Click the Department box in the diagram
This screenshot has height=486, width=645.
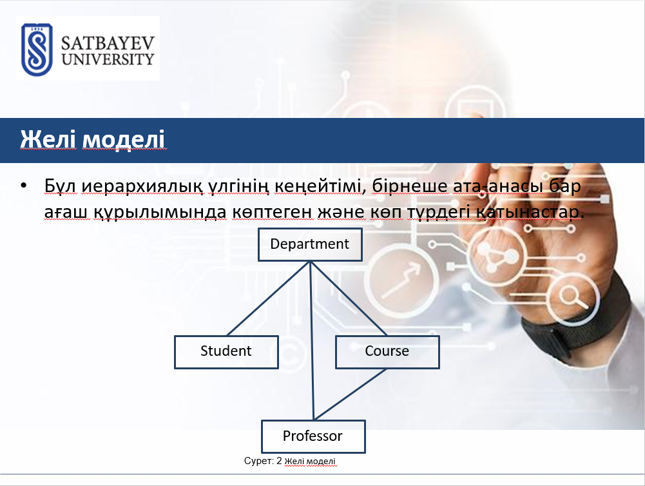pyautogui.click(x=310, y=244)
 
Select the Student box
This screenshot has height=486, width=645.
pyautogui.click(x=226, y=352)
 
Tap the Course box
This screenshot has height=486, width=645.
pyautogui.click(x=387, y=352)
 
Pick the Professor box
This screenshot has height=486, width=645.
pyautogui.click(x=313, y=436)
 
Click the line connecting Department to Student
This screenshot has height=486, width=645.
pyautogui.click(x=269, y=298)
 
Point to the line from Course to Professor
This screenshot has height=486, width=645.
pyautogui.click(x=350, y=394)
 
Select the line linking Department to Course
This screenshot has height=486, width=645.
pyautogui.click(x=349, y=298)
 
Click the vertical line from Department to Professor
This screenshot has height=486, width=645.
pyautogui.click(x=312, y=341)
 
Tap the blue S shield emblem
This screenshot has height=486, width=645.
pyautogui.click(x=37, y=50)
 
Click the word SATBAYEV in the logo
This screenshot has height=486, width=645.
pyautogui.click(x=108, y=43)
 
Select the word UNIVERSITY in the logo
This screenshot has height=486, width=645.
pyautogui.click(x=108, y=59)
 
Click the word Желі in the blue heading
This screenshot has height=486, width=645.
pyautogui.click(x=48, y=139)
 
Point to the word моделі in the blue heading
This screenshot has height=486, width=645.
pyautogui.click(x=124, y=139)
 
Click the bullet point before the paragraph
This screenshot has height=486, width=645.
pyautogui.click(x=23, y=186)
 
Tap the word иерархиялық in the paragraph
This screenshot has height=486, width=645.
pyautogui.click(x=142, y=186)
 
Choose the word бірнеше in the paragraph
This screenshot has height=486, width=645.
pyautogui.click(x=409, y=186)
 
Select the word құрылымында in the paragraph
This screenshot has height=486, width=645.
pyautogui.click(x=160, y=212)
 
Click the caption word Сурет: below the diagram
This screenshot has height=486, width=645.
pyautogui.click(x=259, y=461)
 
